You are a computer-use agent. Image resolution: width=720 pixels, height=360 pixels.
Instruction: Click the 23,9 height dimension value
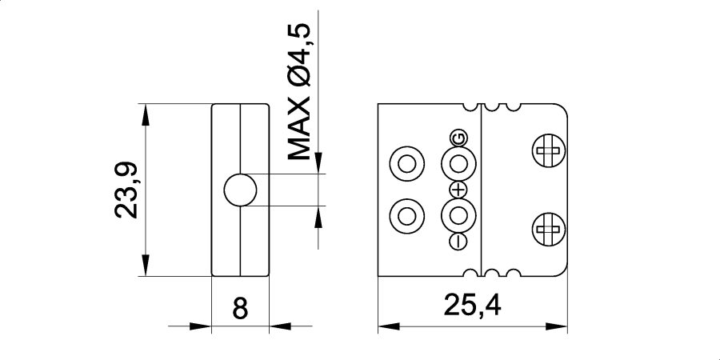click(128, 190)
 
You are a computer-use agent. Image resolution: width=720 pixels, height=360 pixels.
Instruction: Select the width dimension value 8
click(239, 309)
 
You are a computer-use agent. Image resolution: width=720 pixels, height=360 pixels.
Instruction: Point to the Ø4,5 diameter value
click(298, 55)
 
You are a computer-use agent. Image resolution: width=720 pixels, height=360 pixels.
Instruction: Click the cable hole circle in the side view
click(240, 190)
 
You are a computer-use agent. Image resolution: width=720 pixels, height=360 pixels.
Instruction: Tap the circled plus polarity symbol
click(458, 190)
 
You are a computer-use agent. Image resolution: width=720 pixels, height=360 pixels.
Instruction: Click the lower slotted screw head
click(548, 230)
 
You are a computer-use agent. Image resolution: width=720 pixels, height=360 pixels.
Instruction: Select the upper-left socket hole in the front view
click(406, 165)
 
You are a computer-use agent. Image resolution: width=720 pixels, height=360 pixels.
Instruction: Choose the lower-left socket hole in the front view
click(406, 215)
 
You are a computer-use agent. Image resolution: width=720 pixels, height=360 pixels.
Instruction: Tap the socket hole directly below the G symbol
click(459, 164)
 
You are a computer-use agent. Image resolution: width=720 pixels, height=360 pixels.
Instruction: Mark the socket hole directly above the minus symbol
click(459, 215)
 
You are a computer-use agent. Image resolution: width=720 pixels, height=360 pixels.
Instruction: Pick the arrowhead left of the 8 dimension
click(201, 326)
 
